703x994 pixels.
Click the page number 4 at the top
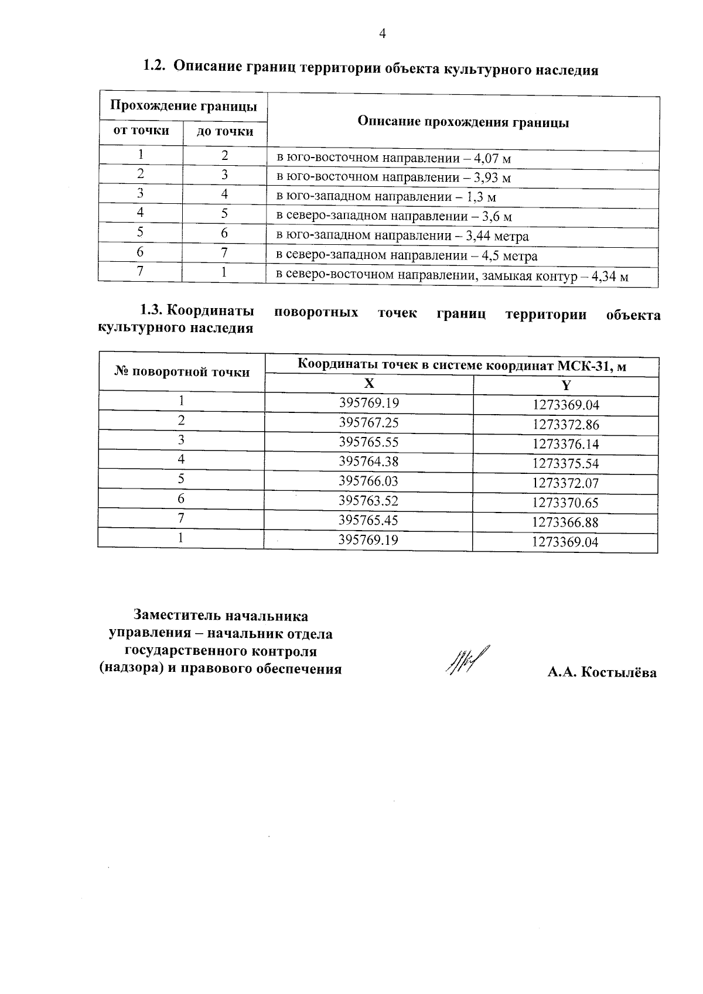383,35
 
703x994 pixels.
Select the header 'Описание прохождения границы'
463,122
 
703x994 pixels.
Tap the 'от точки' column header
141,131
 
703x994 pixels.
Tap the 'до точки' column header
225,132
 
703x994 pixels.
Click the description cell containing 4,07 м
394,158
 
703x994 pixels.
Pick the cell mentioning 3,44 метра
402,236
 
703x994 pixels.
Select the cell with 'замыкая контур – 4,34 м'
452,276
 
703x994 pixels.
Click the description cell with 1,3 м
386,197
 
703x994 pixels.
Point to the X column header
368,384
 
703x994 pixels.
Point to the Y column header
565,385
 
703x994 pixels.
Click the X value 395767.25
368,422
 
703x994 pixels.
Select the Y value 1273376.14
565,444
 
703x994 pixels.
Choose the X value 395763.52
368,501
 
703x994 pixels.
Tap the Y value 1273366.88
565,522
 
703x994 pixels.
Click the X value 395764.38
368,462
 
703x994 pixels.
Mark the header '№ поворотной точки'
182,372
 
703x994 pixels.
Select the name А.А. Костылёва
602,672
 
